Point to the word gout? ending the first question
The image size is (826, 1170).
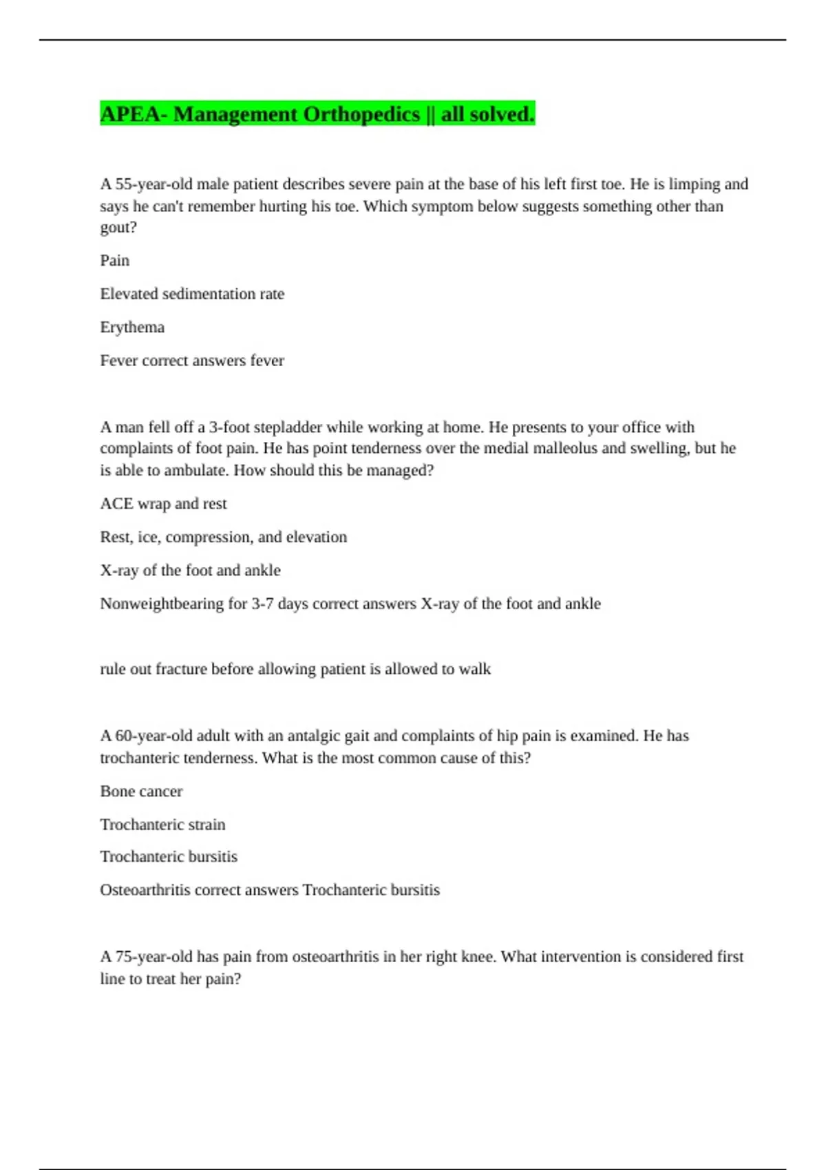pos(118,228)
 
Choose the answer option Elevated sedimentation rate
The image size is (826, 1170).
pos(192,294)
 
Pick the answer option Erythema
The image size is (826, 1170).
pos(132,328)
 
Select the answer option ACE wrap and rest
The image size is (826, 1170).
pos(163,504)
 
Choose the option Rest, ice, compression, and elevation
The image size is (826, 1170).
pos(223,538)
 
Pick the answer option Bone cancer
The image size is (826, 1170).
pos(141,791)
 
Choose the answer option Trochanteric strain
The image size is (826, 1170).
pos(162,825)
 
